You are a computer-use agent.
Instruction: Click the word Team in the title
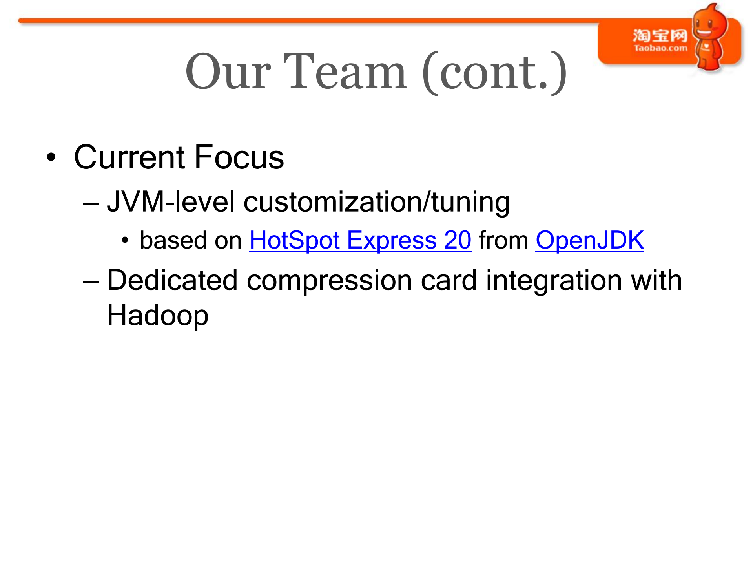click(x=345, y=72)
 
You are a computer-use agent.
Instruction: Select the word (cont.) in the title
click(x=495, y=73)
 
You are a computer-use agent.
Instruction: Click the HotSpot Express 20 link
click(x=360, y=240)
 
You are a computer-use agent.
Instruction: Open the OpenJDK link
click(x=590, y=240)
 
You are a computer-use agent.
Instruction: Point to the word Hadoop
click(x=158, y=315)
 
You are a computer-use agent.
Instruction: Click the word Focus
click(x=239, y=157)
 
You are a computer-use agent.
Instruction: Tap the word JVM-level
click(x=171, y=202)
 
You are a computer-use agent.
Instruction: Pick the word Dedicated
click(x=173, y=280)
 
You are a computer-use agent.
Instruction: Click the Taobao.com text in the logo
click(x=660, y=48)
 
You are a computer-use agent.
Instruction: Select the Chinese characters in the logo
click(x=660, y=35)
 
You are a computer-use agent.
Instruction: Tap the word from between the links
click(x=503, y=240)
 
